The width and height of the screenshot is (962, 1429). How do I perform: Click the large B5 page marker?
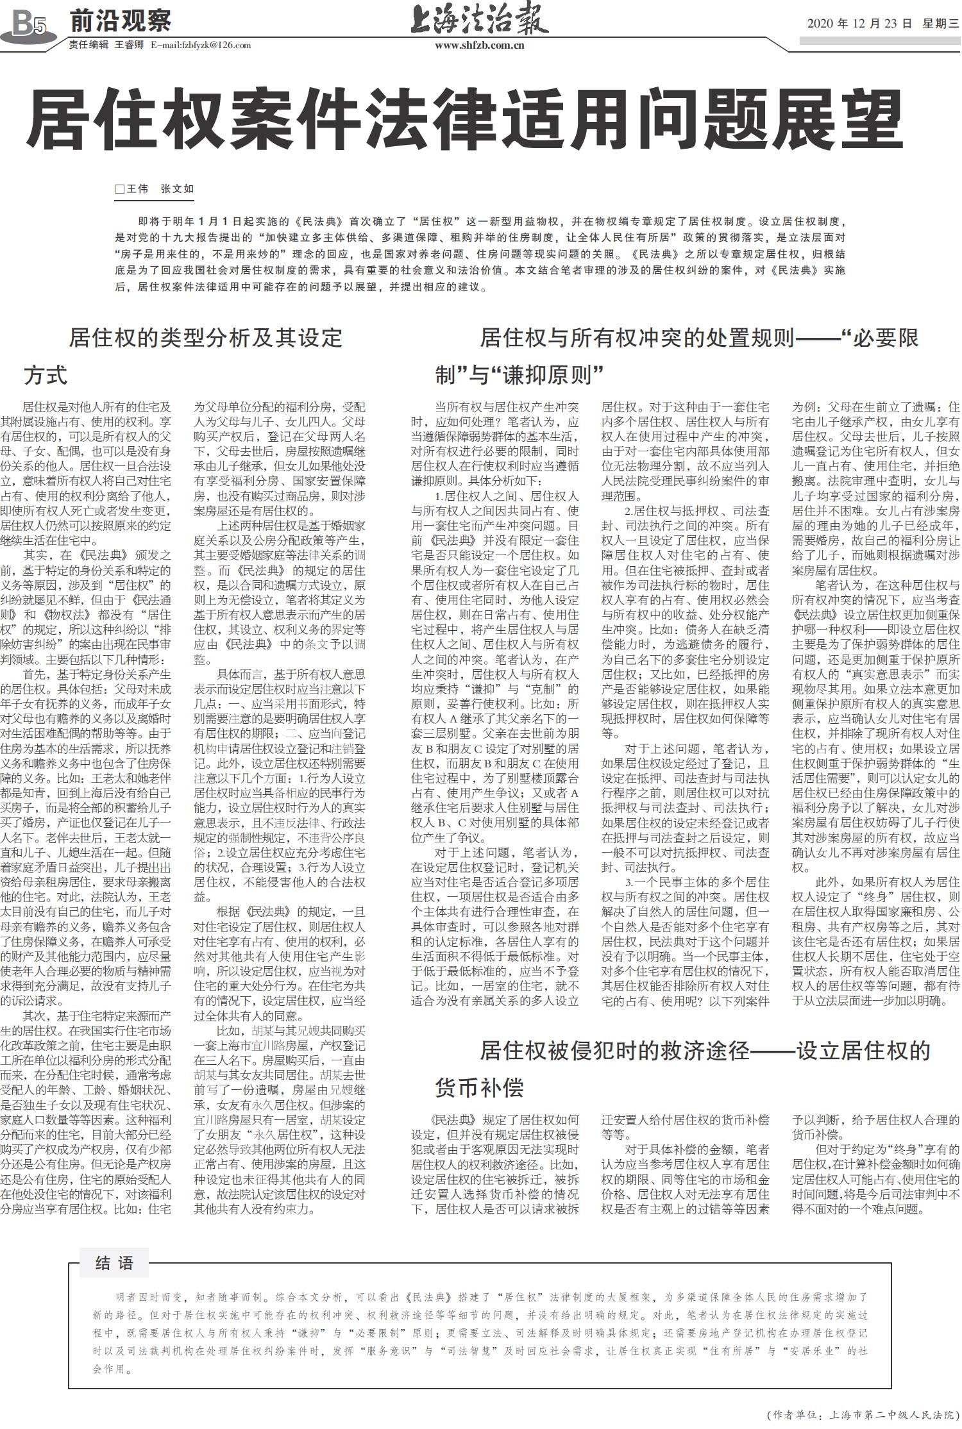click(x=29, y=25)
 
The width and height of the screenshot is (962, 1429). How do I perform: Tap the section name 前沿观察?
click(x=121, y=22)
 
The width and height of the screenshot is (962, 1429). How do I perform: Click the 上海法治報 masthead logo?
click(x=479, y=20)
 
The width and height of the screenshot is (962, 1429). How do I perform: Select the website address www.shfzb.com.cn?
click(x=479, y=45)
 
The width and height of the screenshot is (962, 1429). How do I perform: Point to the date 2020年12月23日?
click(x=859, y=24)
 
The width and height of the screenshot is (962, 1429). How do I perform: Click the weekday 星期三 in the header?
click(x=940, y=24)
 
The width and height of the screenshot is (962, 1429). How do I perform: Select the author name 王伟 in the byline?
click(x=137, y=188)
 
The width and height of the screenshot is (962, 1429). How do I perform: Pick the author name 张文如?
click(x=177, y=188)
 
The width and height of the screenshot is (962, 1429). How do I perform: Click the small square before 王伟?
click(x=119, y=189)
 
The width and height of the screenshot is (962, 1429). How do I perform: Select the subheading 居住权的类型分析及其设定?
click(x=206, y=338)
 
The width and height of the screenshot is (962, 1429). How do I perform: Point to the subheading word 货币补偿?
click(x=479, y=1088)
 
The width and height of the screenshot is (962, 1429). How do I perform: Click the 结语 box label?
click(x=114, y=1263)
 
